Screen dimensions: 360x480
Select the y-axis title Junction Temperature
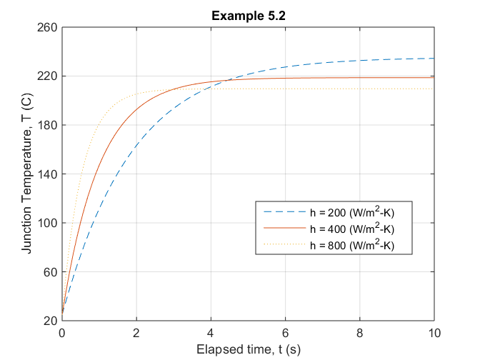tap(26, 174)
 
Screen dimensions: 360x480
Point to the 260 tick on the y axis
tap(49, 27)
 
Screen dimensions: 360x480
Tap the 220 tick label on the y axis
tap(49, 76)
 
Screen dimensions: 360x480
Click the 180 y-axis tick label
tap(49, 125)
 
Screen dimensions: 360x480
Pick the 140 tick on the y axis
tap(49, 174)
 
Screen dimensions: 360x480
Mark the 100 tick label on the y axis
tap(49, 223)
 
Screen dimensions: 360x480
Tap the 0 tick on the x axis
tap(63, 332)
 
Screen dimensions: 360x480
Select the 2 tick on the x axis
tap(137, 332)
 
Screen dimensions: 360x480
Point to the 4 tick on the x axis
tap(211, 332)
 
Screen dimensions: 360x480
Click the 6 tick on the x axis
tap(286, 332)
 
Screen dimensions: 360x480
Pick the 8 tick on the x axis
tap(360, 332)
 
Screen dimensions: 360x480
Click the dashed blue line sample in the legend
tap(283, 213)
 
